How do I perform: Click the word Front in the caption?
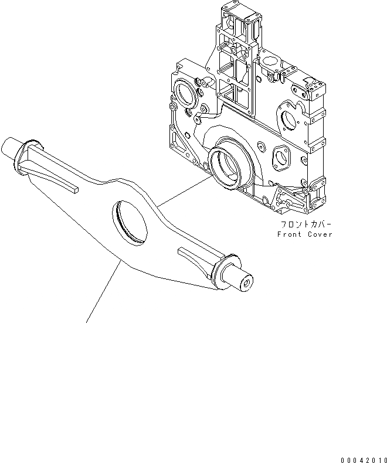[288, 234]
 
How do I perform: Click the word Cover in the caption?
[320, 234]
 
